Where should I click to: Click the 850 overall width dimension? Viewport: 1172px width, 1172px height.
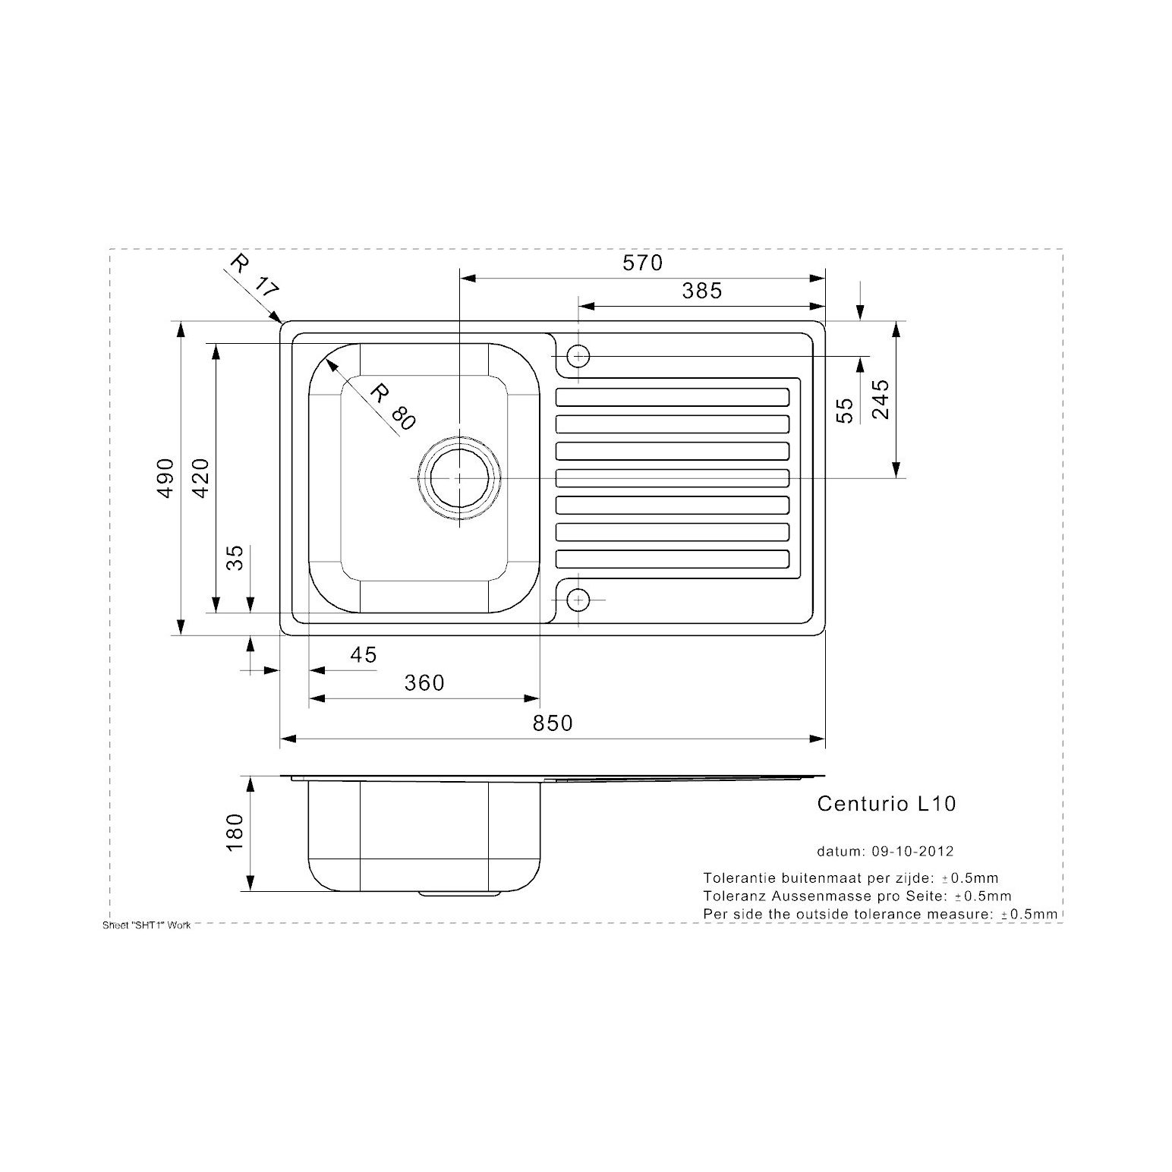tap(552, 723)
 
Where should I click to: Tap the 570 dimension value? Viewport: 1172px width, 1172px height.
tap(642, 263)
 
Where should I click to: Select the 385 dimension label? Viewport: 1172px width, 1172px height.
tap(701, 290)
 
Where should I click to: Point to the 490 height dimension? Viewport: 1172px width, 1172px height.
tap(165, 477)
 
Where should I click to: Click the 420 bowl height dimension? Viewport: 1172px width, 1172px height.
tap(200, 477)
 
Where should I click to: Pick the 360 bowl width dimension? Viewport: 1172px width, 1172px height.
tap(424, 683)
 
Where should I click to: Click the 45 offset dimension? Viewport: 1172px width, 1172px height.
tap(363, 654)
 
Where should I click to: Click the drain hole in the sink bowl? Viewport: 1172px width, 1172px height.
tap(460, 478)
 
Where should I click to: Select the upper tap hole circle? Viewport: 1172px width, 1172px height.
tap(578, 355)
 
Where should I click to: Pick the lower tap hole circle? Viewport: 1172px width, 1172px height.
tap(578, 600)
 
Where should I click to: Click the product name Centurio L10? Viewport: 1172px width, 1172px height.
tap(886, 804)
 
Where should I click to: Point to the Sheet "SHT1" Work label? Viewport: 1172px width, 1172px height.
tap(146, 925)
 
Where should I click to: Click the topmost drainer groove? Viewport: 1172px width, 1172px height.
tap(673, 397)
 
